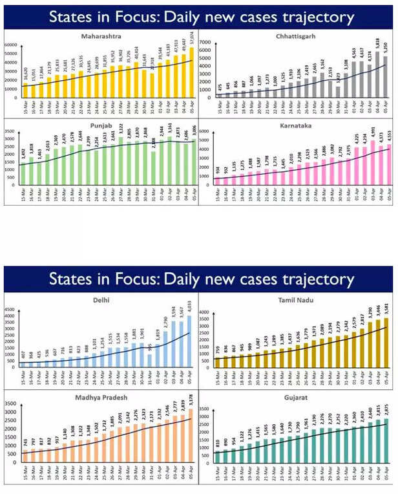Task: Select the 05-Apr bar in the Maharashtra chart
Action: (x=191, y=71)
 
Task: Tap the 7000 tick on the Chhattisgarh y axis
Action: (x=208, y=42)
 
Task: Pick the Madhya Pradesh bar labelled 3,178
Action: (x=190, y=431)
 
